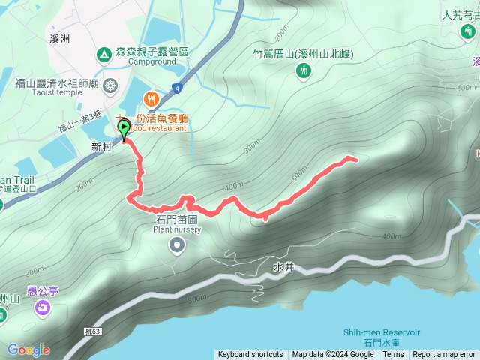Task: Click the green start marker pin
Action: click(123, 130)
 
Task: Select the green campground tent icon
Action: click(103, 55)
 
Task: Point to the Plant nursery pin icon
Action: click(177, 244)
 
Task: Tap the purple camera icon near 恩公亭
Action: click(43, 307)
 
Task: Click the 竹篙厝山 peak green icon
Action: click(303, 70)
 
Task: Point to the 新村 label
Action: click(100, 147)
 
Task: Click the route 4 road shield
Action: click(176, 87)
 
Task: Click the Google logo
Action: click(28, 349)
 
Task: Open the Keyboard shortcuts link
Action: click(250, 355)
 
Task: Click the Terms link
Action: click(393, 355)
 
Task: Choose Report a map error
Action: click(444, 355)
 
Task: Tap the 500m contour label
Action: click(300, 174)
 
